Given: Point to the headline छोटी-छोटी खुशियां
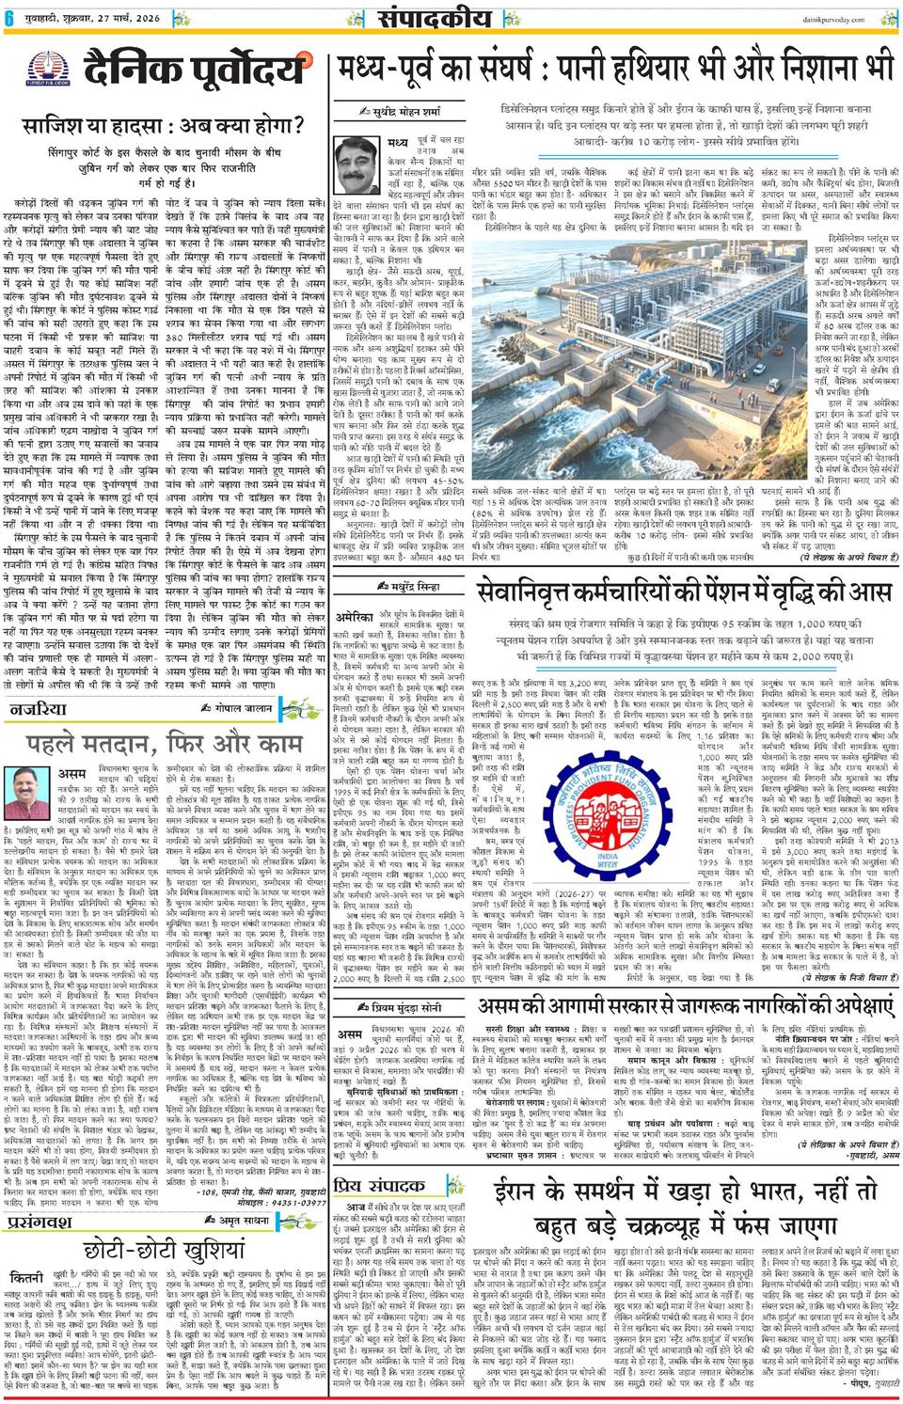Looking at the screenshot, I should click(164, 1251).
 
